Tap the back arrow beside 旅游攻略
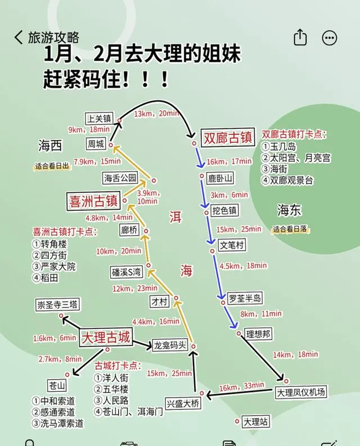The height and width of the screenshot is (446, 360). pyautogui.click(x=19, y=38)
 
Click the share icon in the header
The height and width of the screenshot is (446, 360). pyautogui.click(x=300, y=38)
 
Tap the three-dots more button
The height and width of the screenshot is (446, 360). pyautogui.click(x=329, y=38)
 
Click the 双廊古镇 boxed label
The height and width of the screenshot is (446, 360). pyautogui.click(x=228, y=138)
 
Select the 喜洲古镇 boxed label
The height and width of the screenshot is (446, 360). pyautogui.click(x=93, y=201)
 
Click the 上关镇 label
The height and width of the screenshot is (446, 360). pyautogui.click(x=99, y=119)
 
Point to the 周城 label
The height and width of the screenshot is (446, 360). pyautogui.click(x=96, y=144)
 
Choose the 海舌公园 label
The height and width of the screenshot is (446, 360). pyautogui.click(x=120, y=178)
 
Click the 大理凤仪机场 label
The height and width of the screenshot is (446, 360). pyautogui.click(x=301, y=391)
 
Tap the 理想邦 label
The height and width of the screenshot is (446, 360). pyautogui.click(x=258, y=334)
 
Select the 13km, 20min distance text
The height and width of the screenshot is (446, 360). pyautogui.click(x=157, y=114)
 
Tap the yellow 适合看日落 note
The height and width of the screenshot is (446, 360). pyautogui.click(x=292, y=229)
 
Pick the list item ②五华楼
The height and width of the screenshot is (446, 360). pyautogui.click(x=112, y=389)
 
